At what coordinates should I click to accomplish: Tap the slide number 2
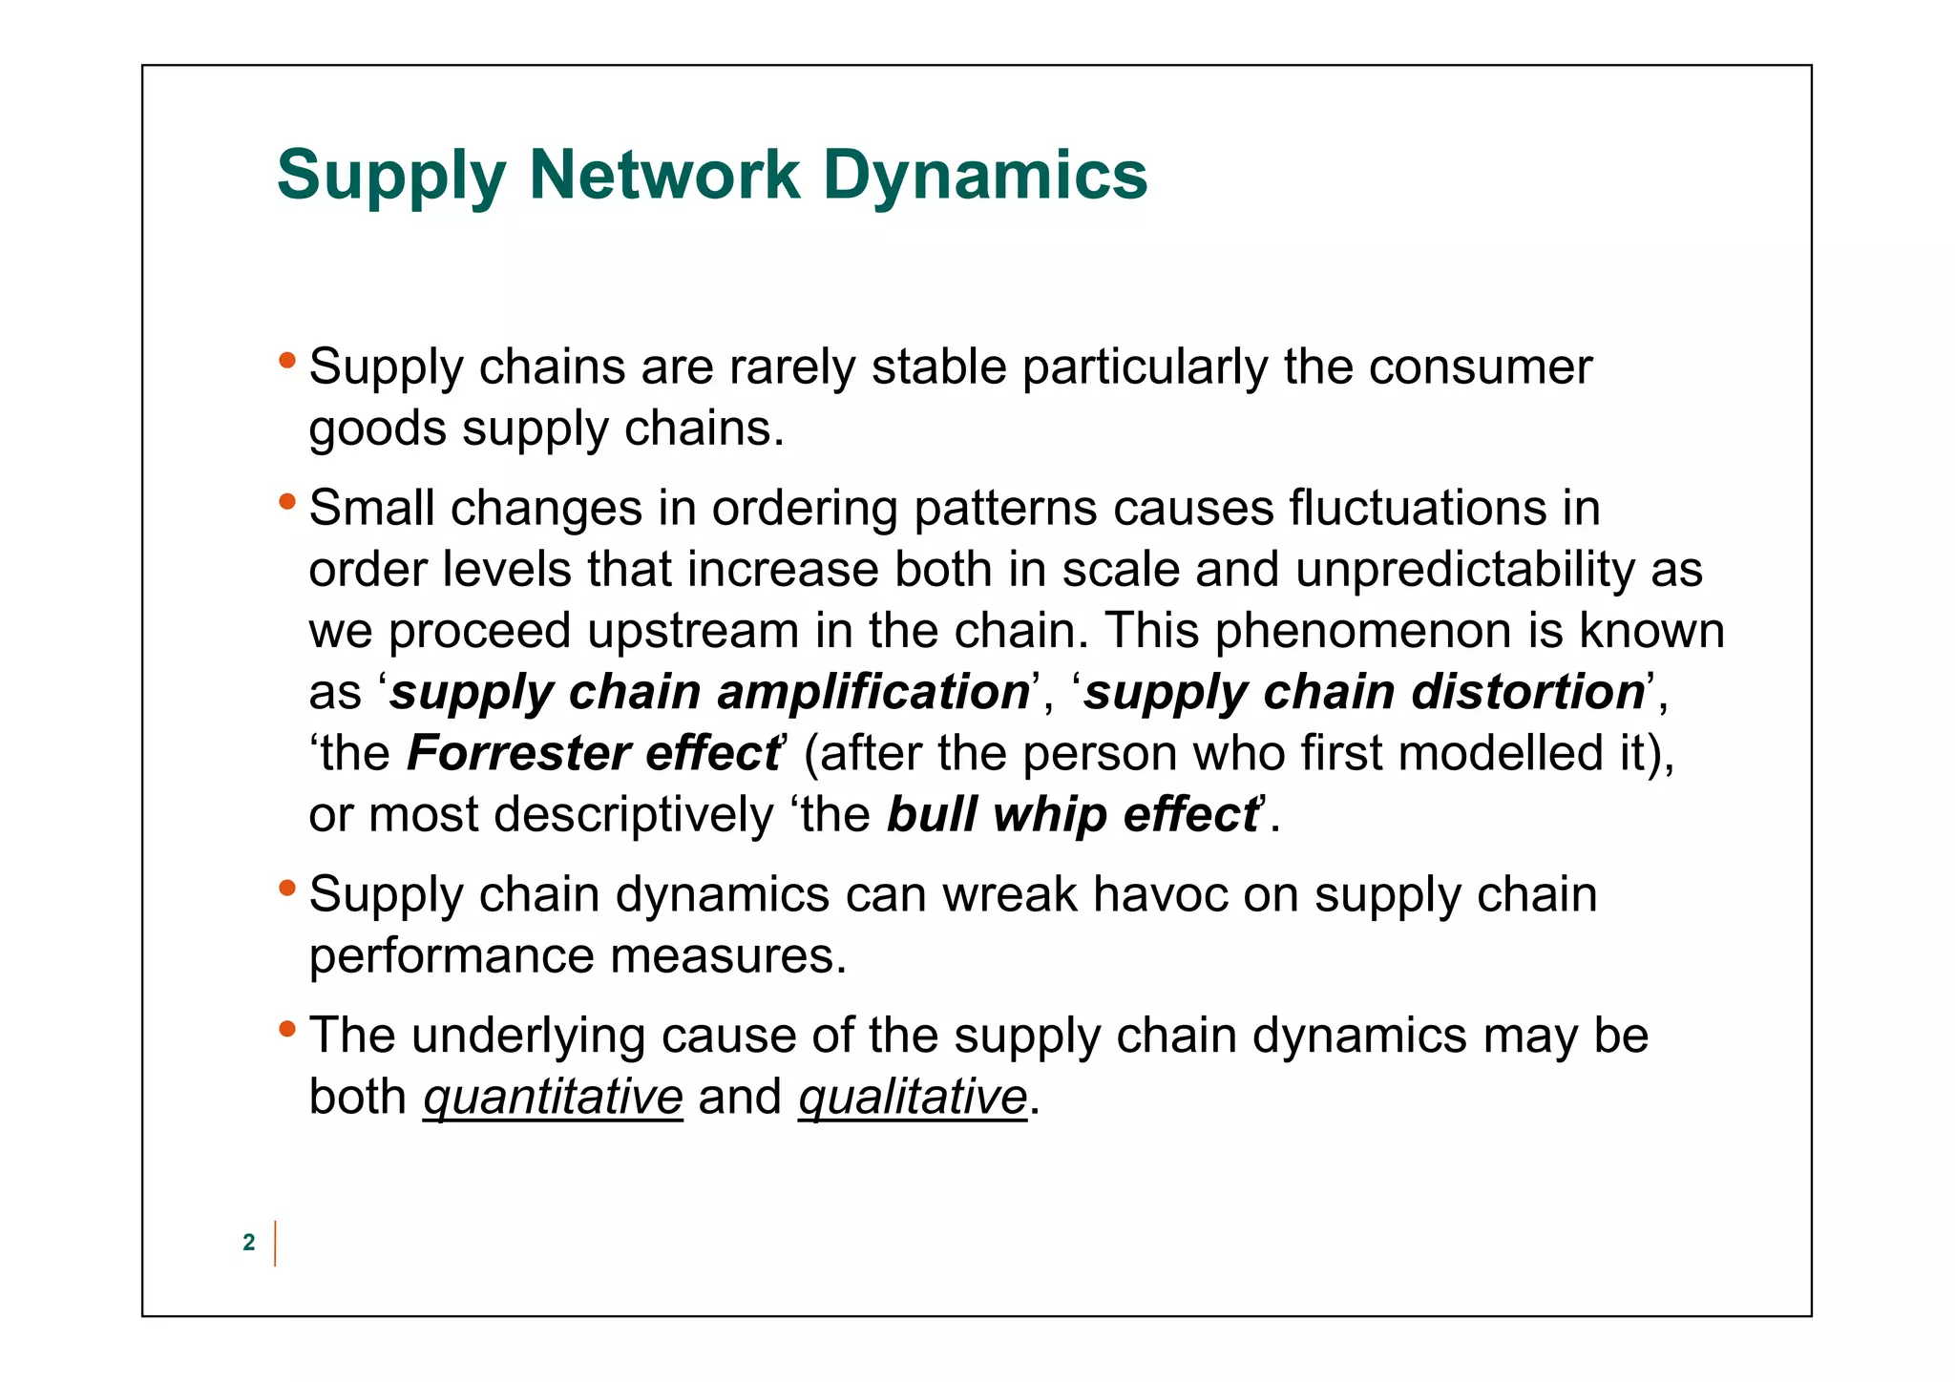click(249, 1242)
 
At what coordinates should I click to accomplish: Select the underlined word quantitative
click(553, 1097)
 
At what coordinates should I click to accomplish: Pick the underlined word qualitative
click(912, 1097)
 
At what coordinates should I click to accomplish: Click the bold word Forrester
click(516, 753)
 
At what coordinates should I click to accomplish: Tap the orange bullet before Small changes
click(287, 500)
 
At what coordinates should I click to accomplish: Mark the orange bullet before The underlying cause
click(287, 1028)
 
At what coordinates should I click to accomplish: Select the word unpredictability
click(1465, 570)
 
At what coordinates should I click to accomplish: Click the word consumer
click(1480, 367)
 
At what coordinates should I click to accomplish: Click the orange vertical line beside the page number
click(275, 1243)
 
